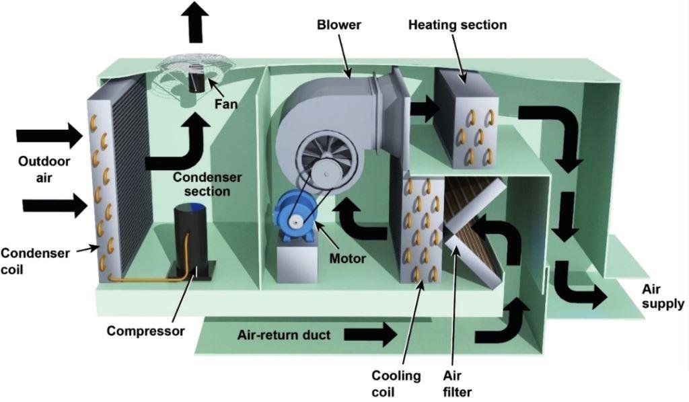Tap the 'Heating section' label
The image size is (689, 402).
tap(458, 25)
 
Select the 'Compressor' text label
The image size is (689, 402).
tap(145, 331)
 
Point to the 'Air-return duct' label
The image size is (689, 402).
tap(285, 334)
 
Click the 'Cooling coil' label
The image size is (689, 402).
tap(396, 383)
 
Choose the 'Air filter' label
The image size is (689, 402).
tap(458, 383)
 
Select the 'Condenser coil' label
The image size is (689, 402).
tap(34, 261)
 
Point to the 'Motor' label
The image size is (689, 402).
tap(348, 258)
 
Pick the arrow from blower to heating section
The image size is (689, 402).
tap(423, 108)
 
